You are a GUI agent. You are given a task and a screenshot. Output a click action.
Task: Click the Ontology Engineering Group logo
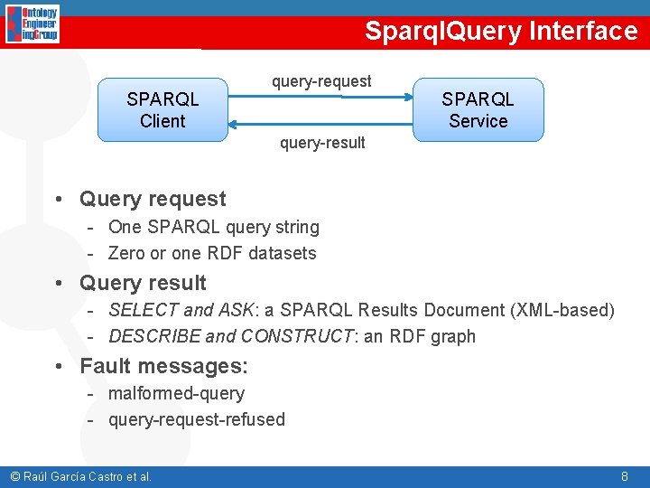pyautogui.click(x=32, y=24)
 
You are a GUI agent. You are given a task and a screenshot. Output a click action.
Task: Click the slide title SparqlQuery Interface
pyautogui.click(x=501, y=31)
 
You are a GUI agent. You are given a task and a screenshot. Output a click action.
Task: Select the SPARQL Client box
pyautogui.click(x=162, y=109)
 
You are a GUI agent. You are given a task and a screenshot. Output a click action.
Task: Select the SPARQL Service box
pyautogui.click(x=478, y=109)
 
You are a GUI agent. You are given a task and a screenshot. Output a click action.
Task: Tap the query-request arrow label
pyautogui.click(x=321, y=81)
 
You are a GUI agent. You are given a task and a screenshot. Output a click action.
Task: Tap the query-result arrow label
pyautogui.click(x=322, y=143)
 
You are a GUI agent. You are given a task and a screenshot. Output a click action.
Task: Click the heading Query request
pyautogui.click(x=153, y=199)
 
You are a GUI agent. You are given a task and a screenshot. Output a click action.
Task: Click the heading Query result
pyautogui.click(x=143, y=283)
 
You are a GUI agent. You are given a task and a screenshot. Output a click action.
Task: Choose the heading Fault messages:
pyautogui.click(x=163, y=366)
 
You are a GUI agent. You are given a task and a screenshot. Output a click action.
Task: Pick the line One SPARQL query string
pyautogui.click(x=213, y=227)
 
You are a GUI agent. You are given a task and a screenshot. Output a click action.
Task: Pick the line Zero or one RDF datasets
pyautogui.click(x=212, y=253)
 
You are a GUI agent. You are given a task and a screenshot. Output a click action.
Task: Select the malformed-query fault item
pyautogui.click(x=176, y=393)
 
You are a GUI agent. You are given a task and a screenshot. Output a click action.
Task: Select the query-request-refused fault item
pyautogui.click(x=196, y=419)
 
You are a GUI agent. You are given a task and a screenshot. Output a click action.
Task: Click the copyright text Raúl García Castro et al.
pyautogui.click(x=80, y=476)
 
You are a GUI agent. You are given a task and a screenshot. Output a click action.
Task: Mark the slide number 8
pyautogui.click(x=625, y=475)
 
